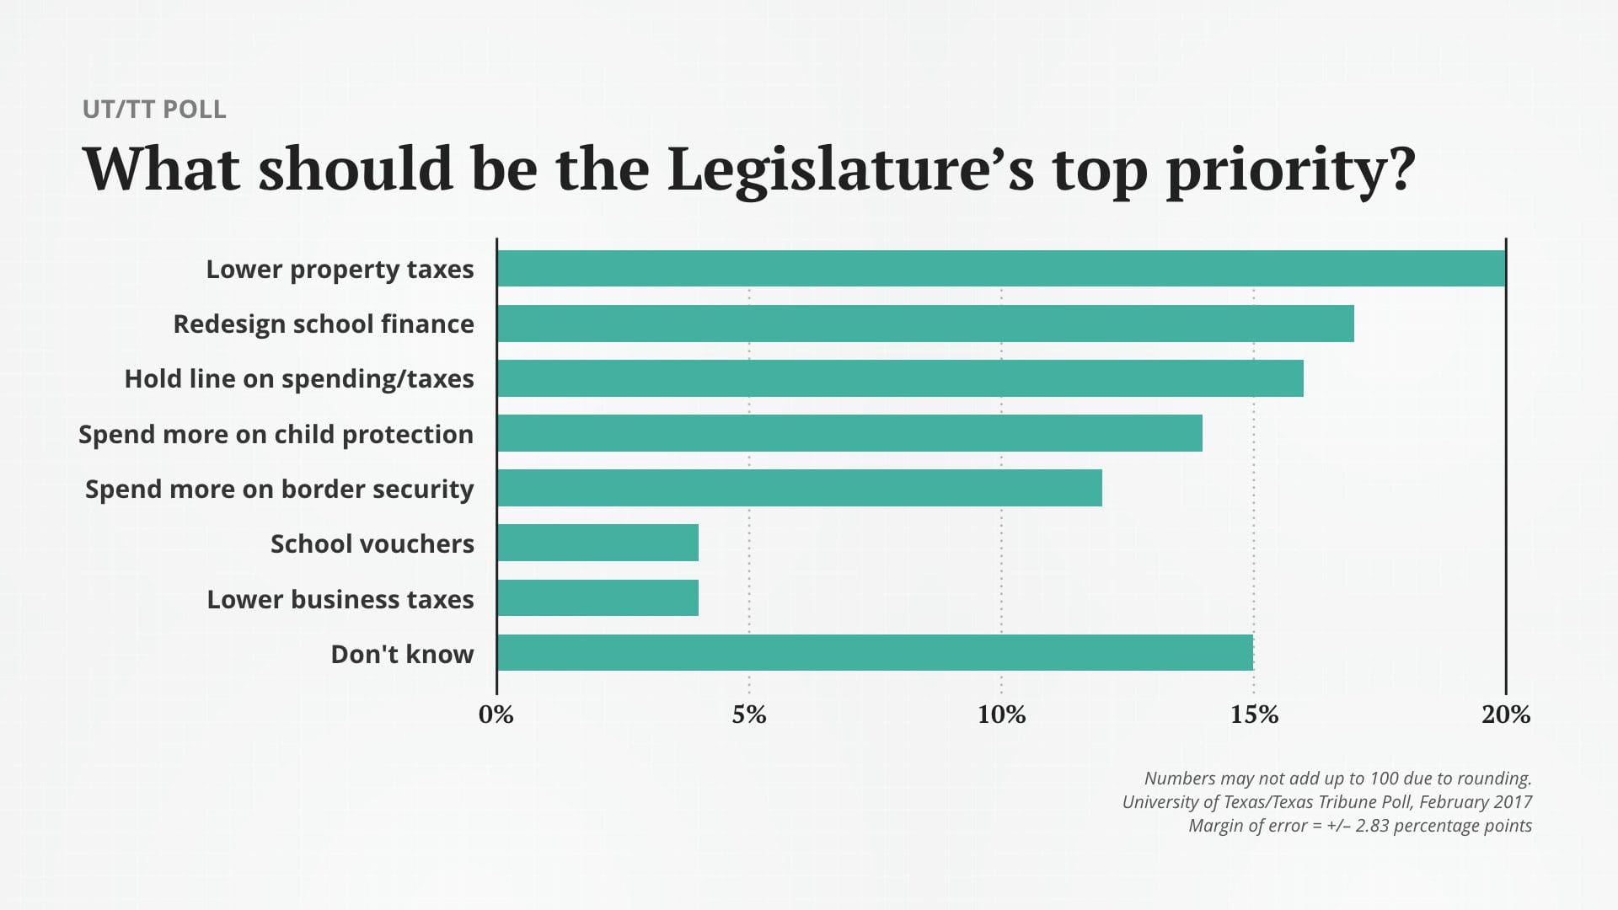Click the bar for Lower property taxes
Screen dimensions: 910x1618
pos(1001,269)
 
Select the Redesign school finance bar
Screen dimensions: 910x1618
pos(925,324)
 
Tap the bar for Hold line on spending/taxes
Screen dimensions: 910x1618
pos(900,378)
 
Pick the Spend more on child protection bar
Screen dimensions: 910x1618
pos(849,433)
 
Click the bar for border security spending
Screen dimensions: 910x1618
pos(799,488)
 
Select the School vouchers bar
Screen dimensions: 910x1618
pos(597,543)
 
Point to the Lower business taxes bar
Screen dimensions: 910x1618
pos(597,598)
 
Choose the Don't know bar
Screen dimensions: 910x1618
pos(875,653)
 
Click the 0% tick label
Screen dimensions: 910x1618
pos(496,715)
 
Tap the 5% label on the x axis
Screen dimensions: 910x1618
pos(748,715)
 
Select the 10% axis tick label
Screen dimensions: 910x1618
pos(1001,715)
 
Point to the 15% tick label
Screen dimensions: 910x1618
pos(1254,715)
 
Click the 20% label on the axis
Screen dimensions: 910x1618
pos(1506,715)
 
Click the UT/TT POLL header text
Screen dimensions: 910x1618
pos(154,110)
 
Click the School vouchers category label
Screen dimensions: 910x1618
pos(372,544)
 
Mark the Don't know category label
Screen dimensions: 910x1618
pos(402,655)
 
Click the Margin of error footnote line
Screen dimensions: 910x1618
pos(1359,826)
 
